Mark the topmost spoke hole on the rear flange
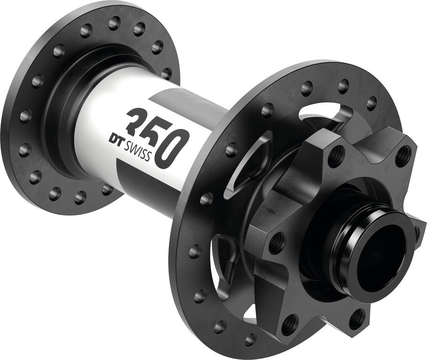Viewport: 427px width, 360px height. [114, 22]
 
